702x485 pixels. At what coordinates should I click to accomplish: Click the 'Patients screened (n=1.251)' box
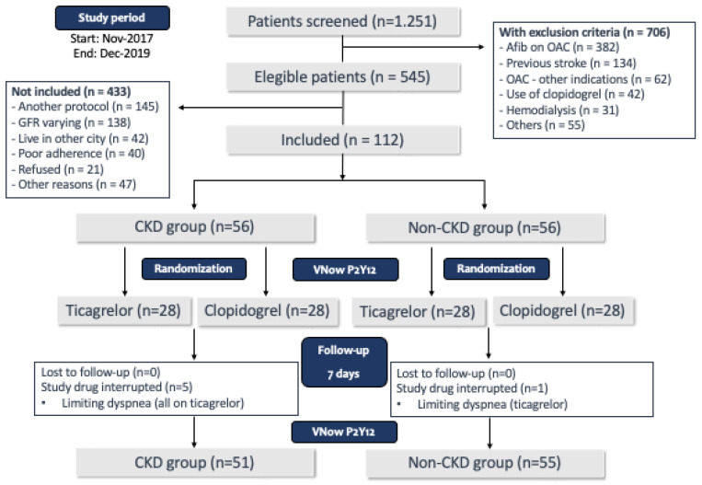pos(343,21)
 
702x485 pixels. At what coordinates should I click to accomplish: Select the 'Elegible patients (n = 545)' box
pos(343,77)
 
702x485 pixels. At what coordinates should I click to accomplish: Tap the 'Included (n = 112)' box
pos(343,140)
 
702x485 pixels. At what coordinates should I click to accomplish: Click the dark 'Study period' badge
pos(112,17)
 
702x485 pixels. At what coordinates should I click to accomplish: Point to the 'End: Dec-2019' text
pos(112,53)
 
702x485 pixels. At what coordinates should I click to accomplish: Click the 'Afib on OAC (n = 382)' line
pos(559,48)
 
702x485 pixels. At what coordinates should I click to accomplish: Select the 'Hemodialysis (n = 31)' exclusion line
pos(558,110)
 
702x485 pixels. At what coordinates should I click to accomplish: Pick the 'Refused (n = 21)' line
pos(58,169)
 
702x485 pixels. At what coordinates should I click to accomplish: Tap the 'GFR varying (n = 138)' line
pos(71,122)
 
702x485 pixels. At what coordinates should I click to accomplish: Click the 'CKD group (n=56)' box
pos(196,227)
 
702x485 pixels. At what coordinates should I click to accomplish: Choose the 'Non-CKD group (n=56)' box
pos(485,228)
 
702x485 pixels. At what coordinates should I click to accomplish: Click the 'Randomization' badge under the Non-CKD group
pos(496,269)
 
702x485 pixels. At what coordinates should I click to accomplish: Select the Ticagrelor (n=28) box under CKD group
pos(124,310)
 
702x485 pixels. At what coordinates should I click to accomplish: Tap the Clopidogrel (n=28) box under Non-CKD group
pos(563,310)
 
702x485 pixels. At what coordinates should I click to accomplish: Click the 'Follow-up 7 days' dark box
pos(344,363)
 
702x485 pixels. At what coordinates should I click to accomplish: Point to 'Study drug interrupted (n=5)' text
pos(117,387)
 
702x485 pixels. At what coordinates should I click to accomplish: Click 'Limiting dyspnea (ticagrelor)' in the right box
pos(492,404)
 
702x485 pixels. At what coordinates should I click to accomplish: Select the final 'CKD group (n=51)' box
pos(196,463)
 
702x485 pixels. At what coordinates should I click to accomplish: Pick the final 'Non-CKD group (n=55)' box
pos(485,463)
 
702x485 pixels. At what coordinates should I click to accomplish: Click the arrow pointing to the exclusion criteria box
pos(414,47)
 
